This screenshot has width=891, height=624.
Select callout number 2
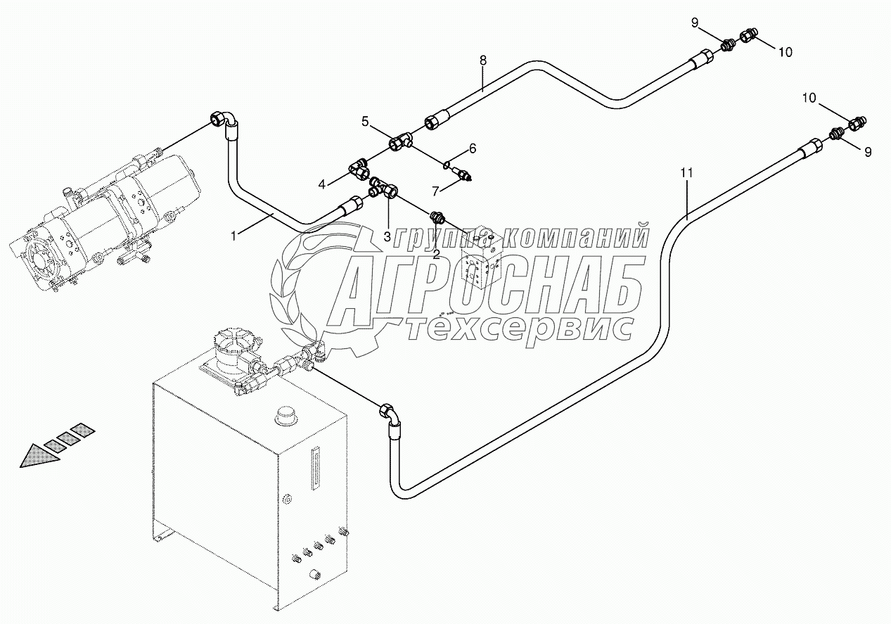(436, 255)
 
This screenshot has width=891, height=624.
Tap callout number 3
(387, 236)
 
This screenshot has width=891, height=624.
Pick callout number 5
(365, 121)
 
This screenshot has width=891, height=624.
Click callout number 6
(473, 148)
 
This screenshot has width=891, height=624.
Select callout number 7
(436, 191)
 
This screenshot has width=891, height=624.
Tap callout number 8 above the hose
(482, 61)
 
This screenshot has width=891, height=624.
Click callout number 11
(687, 172)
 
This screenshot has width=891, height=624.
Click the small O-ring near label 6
(447, 165)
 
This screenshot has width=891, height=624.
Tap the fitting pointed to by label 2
(437, 217)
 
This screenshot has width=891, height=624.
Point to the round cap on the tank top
(286, 415)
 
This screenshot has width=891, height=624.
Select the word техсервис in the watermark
(520, 329)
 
